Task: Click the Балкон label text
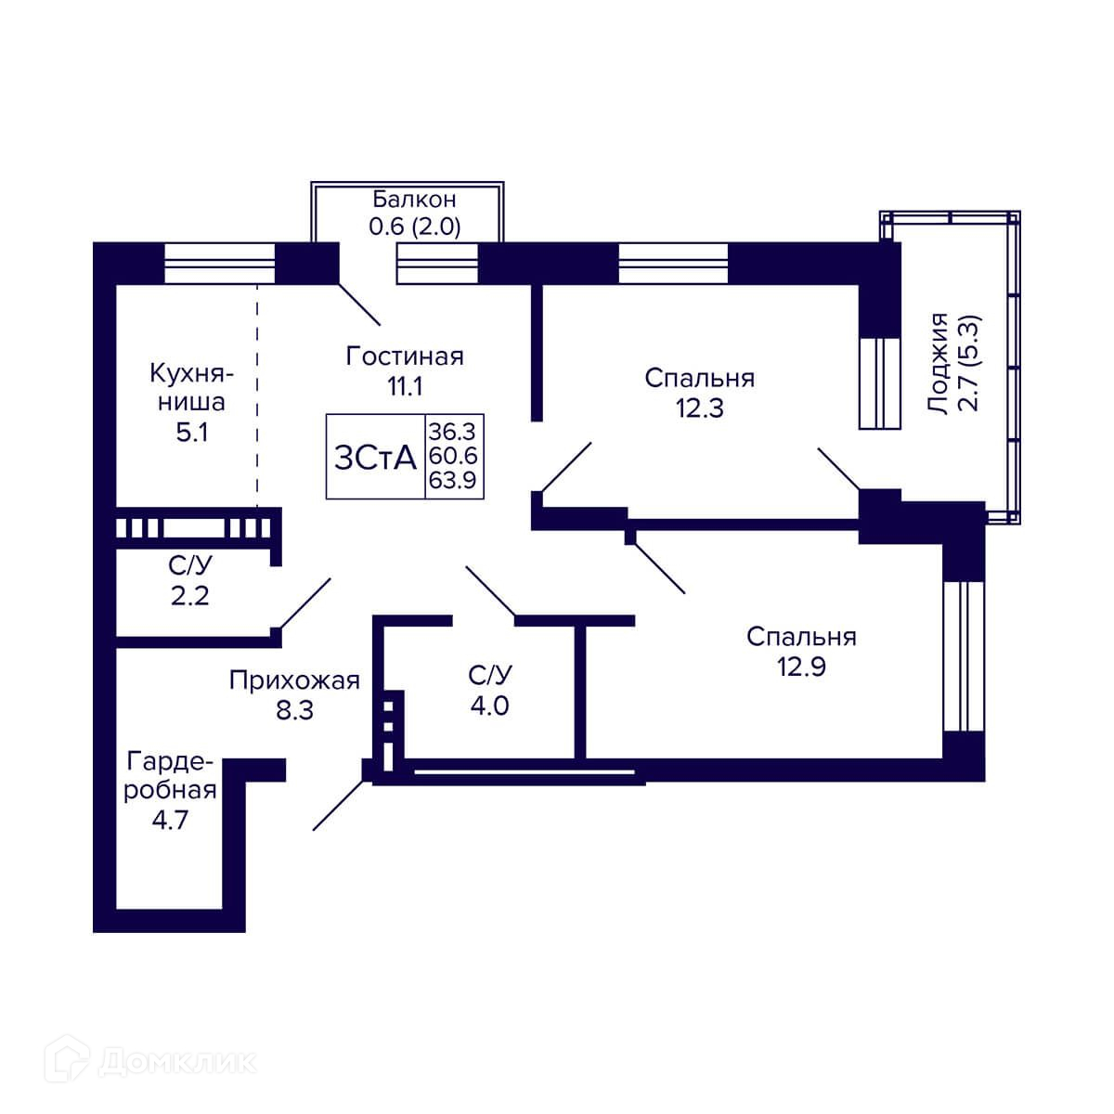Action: (414, 199)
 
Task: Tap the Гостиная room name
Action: (405, 356)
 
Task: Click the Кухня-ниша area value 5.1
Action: (192, 432)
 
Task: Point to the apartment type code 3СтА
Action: (376, 459)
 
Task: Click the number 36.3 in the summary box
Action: (452, 432)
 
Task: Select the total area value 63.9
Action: (452, 480)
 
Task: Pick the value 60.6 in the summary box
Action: (453, 456)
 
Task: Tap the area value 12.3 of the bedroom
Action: (700, 408)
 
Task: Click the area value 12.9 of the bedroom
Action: (801, 667)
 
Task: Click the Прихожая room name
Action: (294, 680)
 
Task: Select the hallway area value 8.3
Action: (294, 710)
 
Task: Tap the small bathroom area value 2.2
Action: (189, 595)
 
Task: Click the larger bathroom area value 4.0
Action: (489, 706)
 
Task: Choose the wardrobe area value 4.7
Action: (170, 820)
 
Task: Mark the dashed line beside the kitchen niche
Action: (257, 396)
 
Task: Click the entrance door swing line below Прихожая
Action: (339, 805)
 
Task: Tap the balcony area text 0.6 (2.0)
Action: (414, 227)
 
